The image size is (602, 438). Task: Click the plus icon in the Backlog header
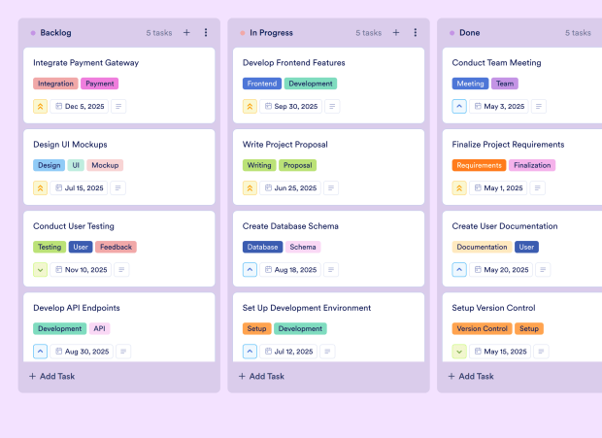(186, 33)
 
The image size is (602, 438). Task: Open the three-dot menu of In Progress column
(415, 33)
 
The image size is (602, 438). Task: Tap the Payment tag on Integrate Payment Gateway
(99, 84)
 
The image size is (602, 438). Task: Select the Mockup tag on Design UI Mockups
(105, 165)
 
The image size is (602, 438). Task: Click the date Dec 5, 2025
(80, 107)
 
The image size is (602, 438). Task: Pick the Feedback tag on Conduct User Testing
(116, 247)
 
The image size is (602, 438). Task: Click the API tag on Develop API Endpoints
(100, 328)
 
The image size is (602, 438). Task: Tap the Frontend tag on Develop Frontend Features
(262, 84)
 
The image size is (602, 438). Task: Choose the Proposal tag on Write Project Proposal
(298, 165)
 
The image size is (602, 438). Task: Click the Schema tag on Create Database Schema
(303, 247)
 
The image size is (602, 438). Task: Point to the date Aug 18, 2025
(289, 270)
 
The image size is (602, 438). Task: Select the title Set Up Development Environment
(307, 308)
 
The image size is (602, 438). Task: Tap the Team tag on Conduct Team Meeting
(504, 84)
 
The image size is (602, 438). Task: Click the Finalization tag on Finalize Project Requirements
(531, 165)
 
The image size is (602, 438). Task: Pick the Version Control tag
(482, 328)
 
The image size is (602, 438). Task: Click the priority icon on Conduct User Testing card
(41, 270)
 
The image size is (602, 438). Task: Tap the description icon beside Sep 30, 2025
(332, 107)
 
